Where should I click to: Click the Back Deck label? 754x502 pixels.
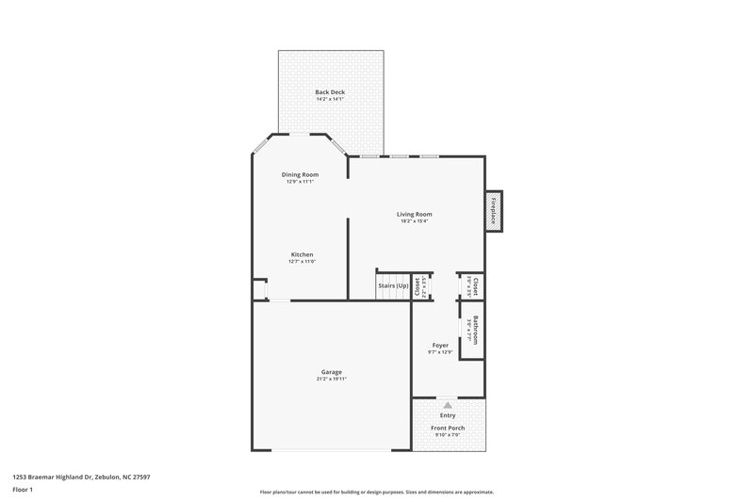tap(330, 91)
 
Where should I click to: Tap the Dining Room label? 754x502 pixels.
tap(300, 174)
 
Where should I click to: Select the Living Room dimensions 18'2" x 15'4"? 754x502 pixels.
tap(415, 221)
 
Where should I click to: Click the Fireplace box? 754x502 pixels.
tap(492, 210)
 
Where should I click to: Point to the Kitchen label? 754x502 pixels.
tap(302, 254)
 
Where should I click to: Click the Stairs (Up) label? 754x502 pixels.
tap(393, 285)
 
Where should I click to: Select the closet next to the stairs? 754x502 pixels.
tap(420, 287)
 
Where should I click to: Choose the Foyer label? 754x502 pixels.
tap(440, 345)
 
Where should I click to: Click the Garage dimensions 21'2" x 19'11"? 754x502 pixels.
tap(331, 379)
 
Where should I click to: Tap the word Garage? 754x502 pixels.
tap(331, 371)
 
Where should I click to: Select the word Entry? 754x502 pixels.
tap(448, 414)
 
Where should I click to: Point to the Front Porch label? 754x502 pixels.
tap(448, 428)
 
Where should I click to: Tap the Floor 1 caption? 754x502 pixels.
tap(24, 491)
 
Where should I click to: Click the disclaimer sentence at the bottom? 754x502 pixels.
tap(376, 492)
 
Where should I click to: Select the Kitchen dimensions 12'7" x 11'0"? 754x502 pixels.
tap(302, 262)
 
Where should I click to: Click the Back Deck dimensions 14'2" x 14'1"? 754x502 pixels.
tap(330, 99)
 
